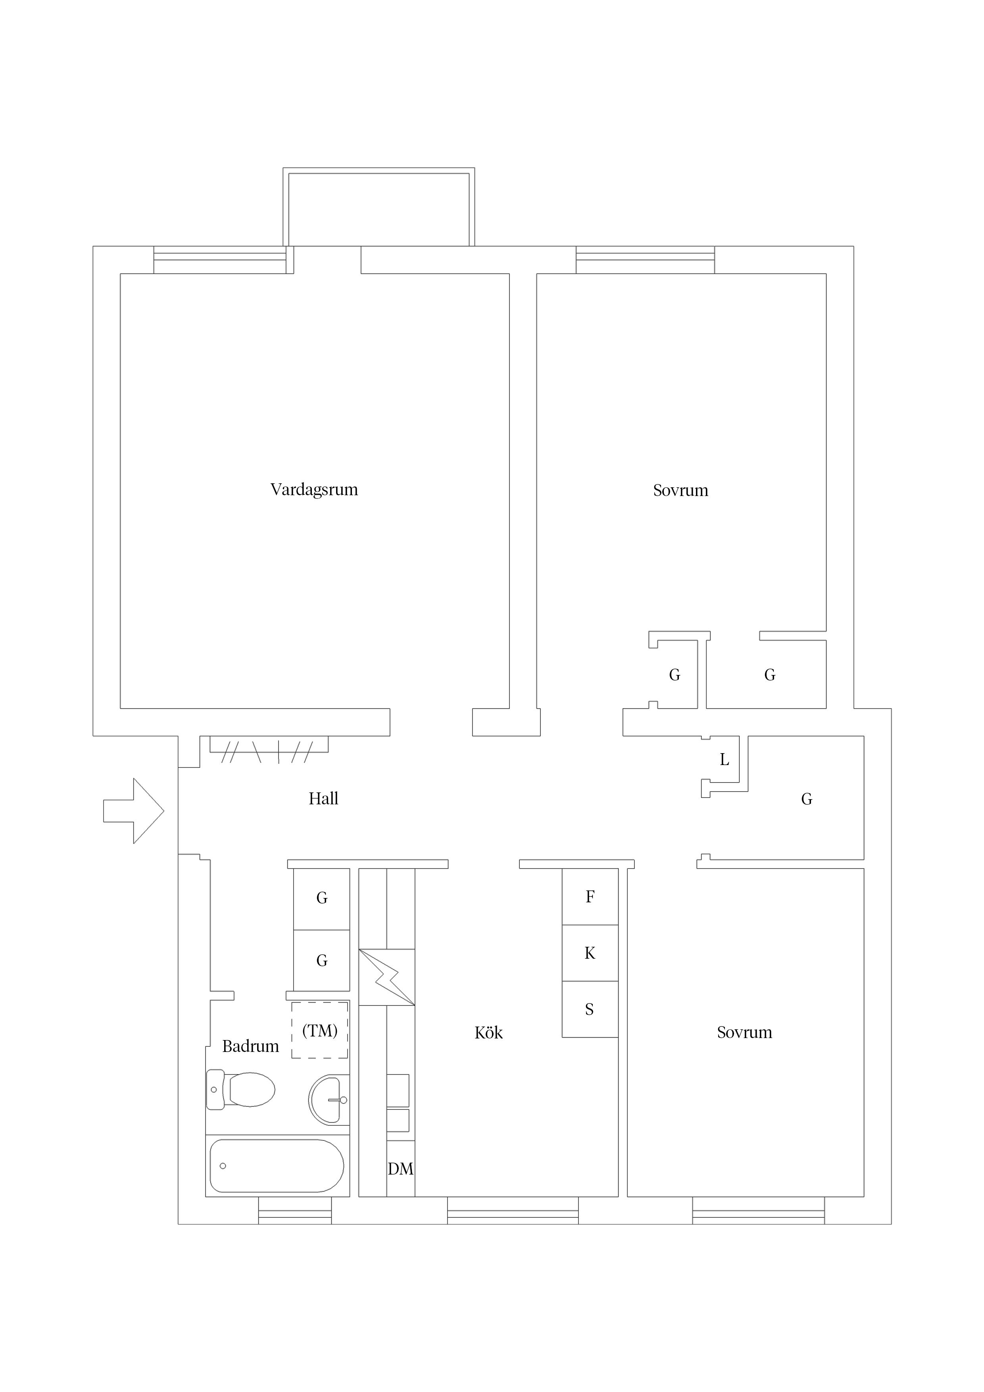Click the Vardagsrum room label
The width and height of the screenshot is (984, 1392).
point(314,490)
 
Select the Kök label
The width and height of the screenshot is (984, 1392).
point(489,1032)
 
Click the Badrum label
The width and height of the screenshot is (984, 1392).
point(250,1046)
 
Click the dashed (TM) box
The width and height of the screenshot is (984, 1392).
point(319,1031)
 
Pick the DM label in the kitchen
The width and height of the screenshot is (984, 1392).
point(401,1169)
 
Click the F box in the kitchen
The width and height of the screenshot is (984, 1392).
point(590,897)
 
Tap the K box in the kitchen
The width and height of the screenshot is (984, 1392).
point(590,953)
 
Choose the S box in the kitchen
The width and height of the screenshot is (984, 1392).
point(590,1009)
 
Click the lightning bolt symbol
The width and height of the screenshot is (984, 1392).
point(387,977)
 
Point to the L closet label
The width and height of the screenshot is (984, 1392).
point(725,759)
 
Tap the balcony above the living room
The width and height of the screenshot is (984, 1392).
point(379,207)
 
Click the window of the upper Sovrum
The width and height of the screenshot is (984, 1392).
point(645,260)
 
